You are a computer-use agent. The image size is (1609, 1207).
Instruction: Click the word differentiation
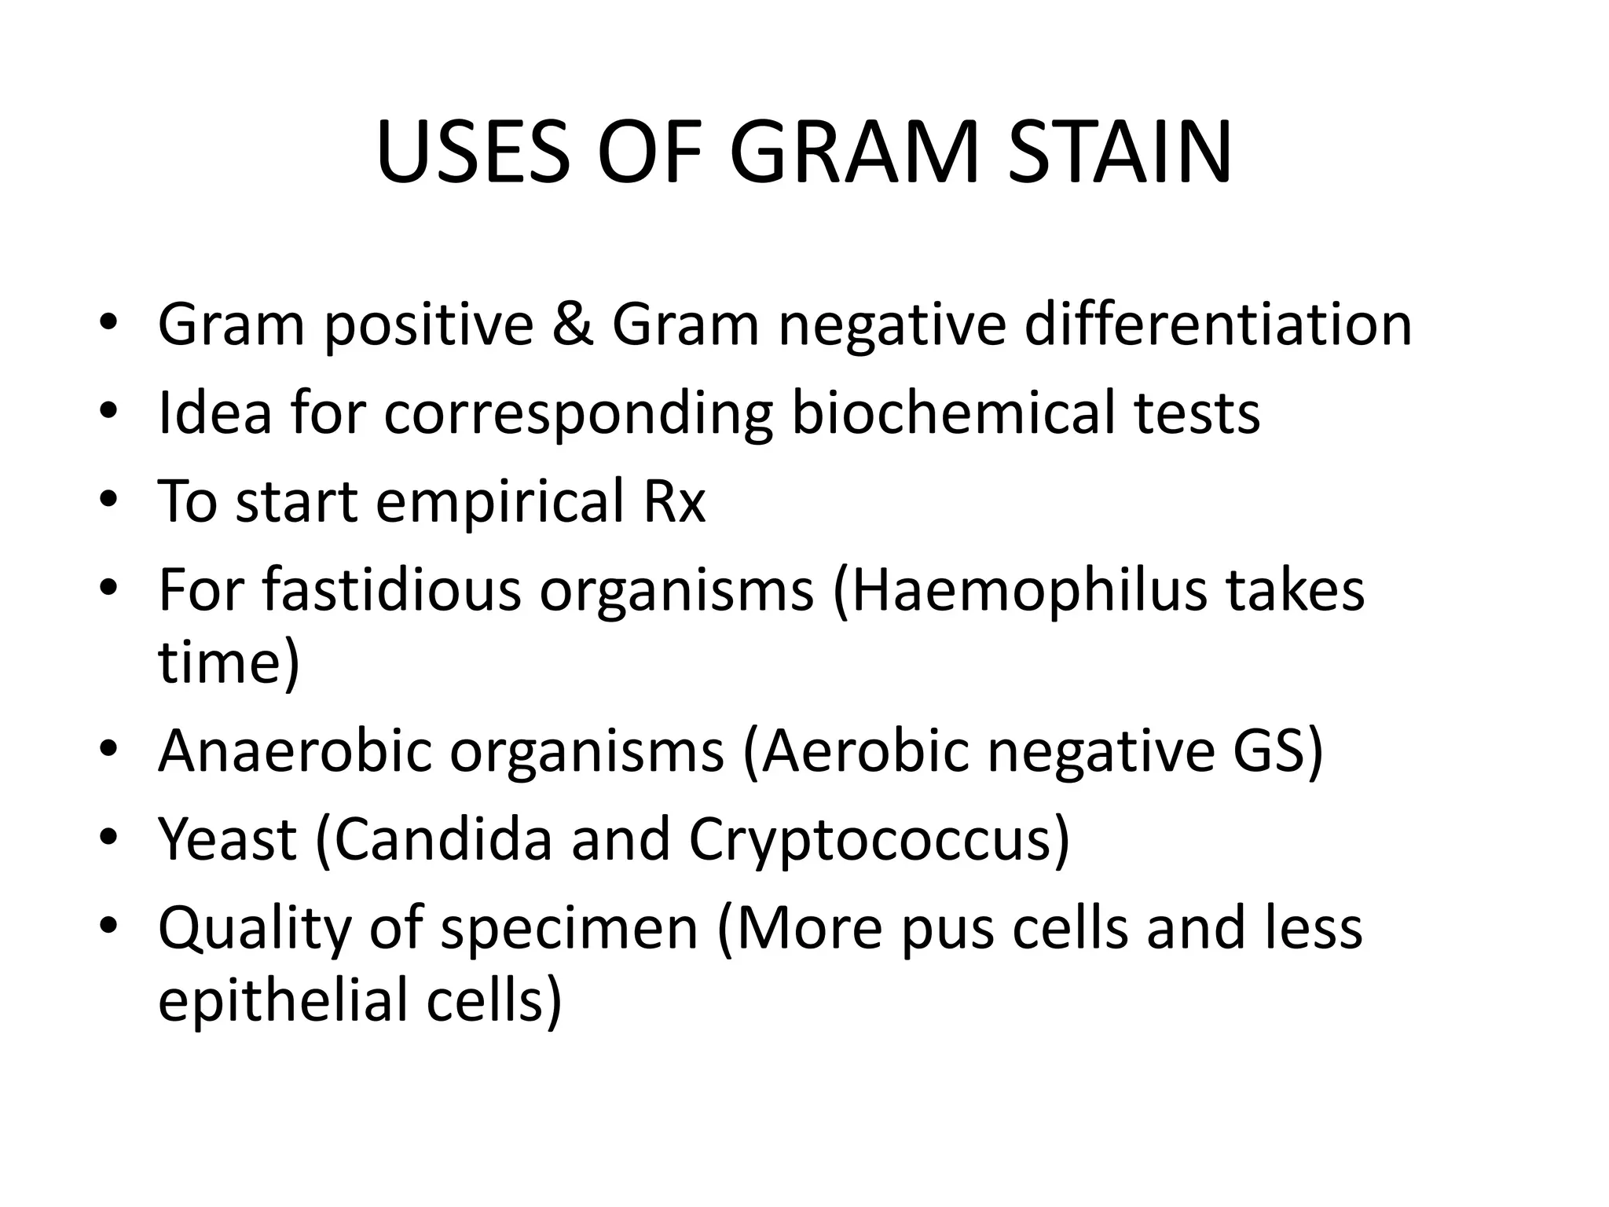[x=1219, y=324]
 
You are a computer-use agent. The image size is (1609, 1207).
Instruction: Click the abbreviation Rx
[x=674, y=501]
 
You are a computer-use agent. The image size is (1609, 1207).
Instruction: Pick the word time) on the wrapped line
[x=229, y=663]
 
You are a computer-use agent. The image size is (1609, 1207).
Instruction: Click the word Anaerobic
[x=295, y=750]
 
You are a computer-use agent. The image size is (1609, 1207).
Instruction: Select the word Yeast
[x=228, y=839]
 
